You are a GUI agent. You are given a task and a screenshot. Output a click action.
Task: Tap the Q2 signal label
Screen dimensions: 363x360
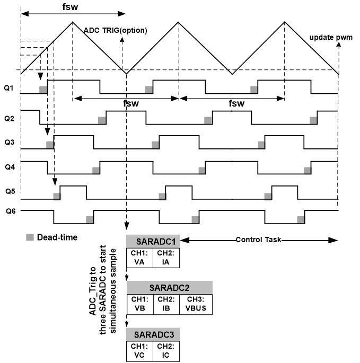pyautogui.click(x=9, y=118)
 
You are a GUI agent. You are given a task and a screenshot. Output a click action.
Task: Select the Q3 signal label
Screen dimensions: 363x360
pyautogui.click(x=9, y=142)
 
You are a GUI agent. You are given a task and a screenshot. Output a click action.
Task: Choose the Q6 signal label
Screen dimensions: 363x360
pyautogui.click(x=9, y=211)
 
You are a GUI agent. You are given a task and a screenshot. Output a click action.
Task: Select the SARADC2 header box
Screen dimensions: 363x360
pyautogui.click(x=169, y=287)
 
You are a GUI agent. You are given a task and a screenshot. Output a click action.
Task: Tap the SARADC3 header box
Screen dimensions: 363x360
pyautogui.click(x=153, y=334)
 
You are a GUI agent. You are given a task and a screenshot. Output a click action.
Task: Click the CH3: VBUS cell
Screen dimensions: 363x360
pyautogui.click(x=194, y=303)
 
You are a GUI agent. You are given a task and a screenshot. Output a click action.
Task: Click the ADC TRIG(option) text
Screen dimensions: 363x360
pyautogui.click(x=116, y=30)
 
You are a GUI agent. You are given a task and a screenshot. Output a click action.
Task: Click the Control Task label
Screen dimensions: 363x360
pyautogui.click(x=258, y=240)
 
